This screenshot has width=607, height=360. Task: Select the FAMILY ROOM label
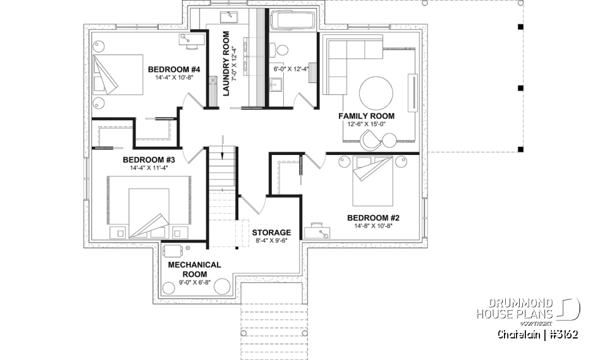366,116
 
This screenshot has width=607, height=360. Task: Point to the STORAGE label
271,232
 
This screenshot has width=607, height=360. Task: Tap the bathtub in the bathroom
292,20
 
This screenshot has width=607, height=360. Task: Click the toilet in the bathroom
281,49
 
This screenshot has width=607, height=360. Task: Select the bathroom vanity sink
276,84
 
